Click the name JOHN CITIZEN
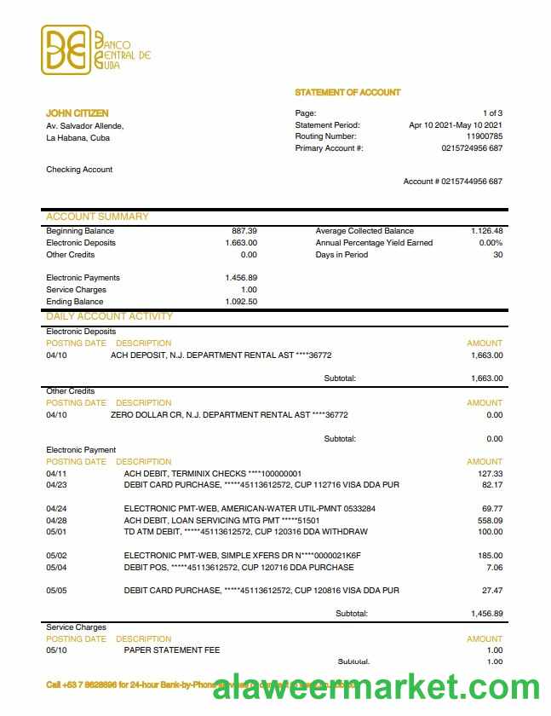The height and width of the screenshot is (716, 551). (x=77, y=113)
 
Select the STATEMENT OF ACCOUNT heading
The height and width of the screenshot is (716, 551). (x=347, y=92)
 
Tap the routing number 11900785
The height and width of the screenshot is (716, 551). (x=484, y=136)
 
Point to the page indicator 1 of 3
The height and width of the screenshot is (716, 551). (x=492, y=113)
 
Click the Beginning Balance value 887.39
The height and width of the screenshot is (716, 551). (x=244, y=231)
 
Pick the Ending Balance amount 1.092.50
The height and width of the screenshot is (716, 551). (x=241, y=302)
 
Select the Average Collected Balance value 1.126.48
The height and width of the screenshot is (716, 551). (x=486, y=231)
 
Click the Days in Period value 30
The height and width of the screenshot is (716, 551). (x=497, y=255)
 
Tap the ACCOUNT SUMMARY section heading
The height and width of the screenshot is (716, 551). (x=97, y=217)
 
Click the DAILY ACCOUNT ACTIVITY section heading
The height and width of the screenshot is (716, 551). (x=109, y=316)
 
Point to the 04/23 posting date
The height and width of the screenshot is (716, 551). (x=56, y=485)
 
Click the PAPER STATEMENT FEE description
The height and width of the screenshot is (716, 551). (x=172, y=650)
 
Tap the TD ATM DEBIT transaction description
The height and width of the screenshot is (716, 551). (x=245, y=532)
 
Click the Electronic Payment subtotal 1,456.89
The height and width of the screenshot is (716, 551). (x=486, y=613)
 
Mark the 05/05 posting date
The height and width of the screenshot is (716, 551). (x=56, y=591)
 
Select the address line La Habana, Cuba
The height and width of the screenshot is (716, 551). (x=77, y=137)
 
